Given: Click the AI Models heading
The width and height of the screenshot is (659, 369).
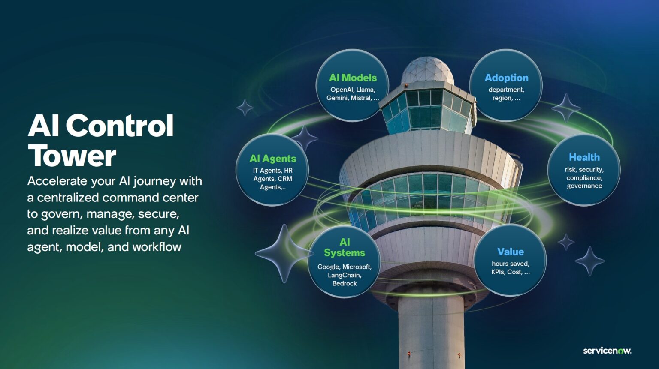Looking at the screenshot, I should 353,78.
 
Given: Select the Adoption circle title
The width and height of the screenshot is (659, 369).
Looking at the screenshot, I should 506,78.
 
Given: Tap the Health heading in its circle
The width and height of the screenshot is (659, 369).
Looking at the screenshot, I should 584,157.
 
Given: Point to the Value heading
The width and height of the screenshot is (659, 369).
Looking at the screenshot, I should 511,252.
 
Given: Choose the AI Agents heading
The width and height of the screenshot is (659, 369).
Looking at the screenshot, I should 273,159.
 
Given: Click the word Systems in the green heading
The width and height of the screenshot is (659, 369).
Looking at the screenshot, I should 345,253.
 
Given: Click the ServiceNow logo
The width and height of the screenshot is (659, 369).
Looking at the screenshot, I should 607,351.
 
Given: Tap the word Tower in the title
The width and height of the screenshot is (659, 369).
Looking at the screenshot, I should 72,156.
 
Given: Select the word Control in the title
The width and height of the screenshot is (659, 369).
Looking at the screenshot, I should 120,126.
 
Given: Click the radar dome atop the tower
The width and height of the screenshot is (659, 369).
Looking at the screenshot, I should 428,71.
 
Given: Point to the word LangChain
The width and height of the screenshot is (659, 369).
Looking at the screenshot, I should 345,275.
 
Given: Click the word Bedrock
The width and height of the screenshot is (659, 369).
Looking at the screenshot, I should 345,283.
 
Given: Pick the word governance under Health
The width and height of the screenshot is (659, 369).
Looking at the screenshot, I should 584,186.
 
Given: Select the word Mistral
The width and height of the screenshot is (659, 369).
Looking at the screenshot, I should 361,98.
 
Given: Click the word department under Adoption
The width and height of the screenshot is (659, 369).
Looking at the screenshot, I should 506,90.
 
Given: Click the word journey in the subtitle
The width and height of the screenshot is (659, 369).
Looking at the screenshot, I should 154,181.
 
